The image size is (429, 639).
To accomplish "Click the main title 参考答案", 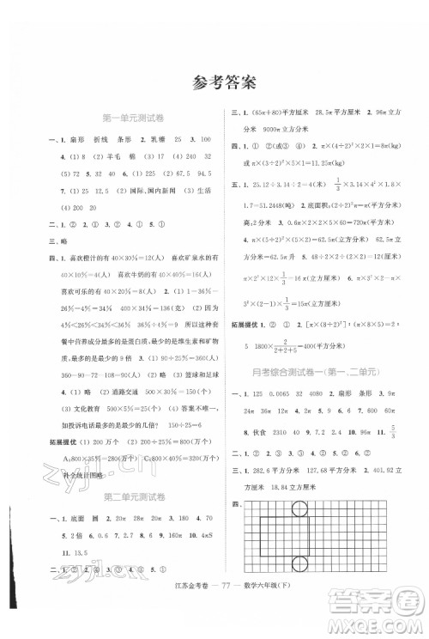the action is [214, 82].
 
